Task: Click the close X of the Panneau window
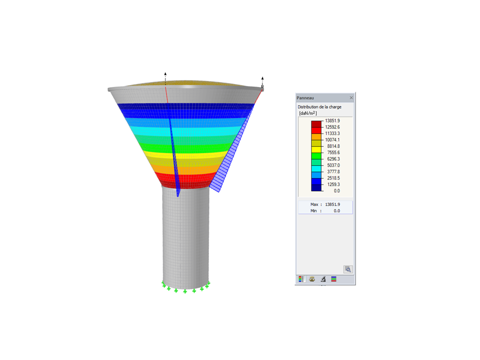351,97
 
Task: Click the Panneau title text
305,98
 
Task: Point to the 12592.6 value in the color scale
332,127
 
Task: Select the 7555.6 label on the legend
333,152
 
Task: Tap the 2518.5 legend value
333,178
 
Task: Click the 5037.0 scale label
333,165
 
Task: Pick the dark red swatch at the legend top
316,124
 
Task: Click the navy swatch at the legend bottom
316,187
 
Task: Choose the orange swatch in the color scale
316,137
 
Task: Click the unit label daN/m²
308,113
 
